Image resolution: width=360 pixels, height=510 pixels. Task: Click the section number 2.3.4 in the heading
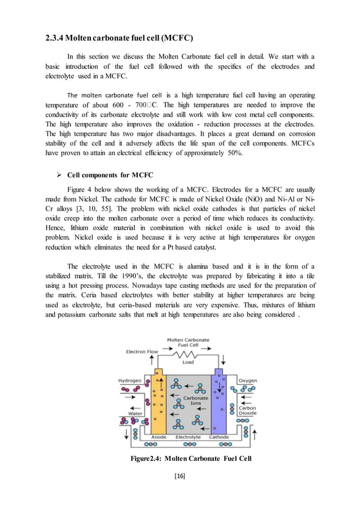pos(54,38)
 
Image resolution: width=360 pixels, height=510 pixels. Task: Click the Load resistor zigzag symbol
pos(187,355)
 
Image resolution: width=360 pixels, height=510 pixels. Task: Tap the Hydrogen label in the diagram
pos(129,380)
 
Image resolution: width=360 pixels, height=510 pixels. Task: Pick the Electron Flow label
pos(144,352)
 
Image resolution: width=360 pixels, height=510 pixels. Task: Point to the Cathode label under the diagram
pos(219,437)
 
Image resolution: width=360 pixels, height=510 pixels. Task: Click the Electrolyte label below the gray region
pos(188,437)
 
